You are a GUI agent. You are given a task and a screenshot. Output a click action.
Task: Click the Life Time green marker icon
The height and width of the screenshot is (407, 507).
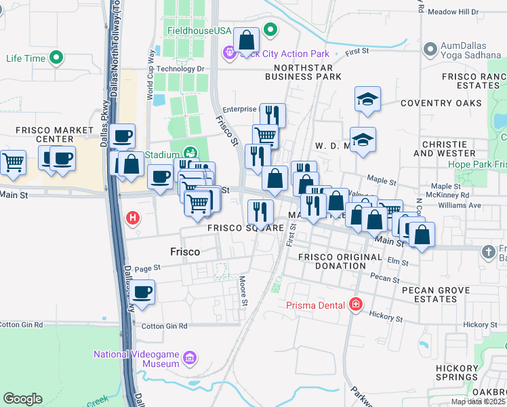point(57,58)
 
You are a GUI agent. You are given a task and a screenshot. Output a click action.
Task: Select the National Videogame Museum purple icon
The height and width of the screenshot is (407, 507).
point(189,357)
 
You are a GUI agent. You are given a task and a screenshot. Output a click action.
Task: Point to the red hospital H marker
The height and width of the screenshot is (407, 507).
point(134,218)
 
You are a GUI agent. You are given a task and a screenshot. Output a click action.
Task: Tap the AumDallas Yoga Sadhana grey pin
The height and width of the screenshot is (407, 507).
point(429,50)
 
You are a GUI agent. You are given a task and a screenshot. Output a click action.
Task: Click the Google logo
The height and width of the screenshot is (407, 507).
point(22,399)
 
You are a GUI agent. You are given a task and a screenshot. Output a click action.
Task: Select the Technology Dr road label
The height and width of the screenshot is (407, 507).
point(181,60)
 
